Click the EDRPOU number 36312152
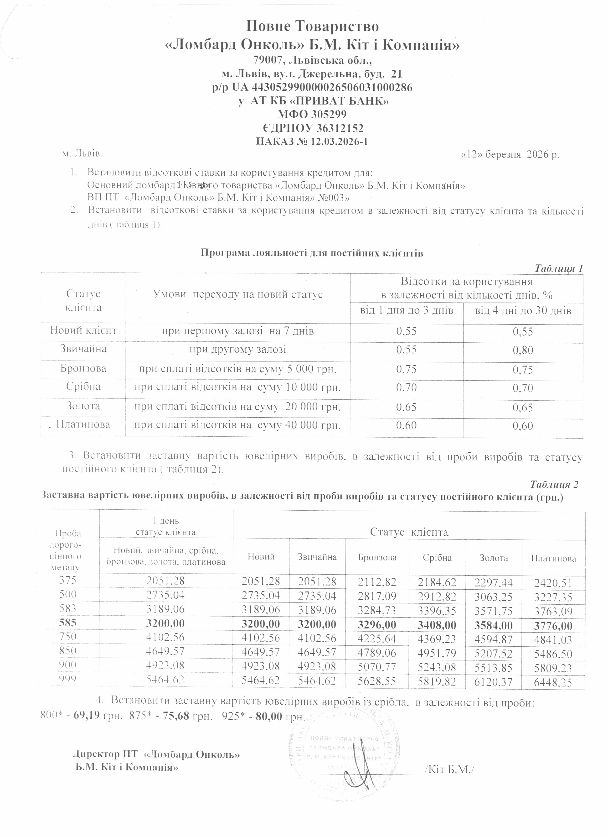(x=340, y=128)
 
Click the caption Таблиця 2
(x=554, y=484)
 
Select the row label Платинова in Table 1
(x=83, y=424)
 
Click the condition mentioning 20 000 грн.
(x=237, y=407)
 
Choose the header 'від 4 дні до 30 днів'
(x=523, y=310)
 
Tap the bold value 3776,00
(x=553, y=626)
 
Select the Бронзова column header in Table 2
(x=377, y=557)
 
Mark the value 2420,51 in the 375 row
(x=553, y=583)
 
